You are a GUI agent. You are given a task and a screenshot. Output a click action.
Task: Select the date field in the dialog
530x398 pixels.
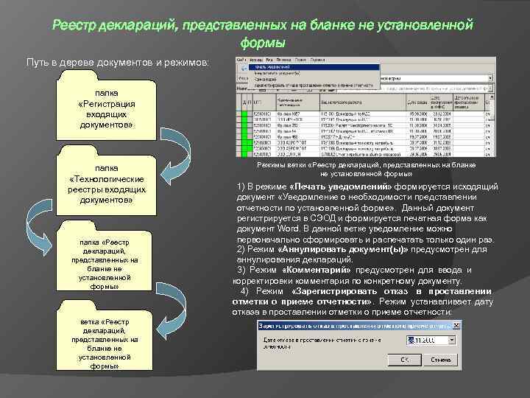tap(426, 341)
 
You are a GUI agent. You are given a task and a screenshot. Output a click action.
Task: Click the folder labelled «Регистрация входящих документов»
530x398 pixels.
tap(110, 109)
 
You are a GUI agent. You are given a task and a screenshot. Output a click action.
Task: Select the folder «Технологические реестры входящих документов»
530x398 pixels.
tap(110, 184)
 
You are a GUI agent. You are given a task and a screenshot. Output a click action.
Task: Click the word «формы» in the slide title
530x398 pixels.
tap(262, 43)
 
